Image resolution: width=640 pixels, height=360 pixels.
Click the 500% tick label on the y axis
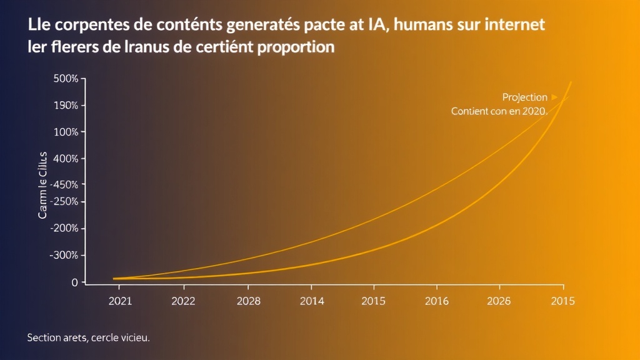click(x=66, y=79)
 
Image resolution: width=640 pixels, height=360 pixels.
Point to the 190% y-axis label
click(x=66, y=106)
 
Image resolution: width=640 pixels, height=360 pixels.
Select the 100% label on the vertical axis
click(x=66, y=132)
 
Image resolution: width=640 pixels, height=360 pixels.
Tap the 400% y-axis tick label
click(x=66, y=159)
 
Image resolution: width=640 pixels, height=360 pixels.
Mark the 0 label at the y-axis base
click(x=74, y=282)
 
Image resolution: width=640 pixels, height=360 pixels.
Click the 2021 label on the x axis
click(x=120, y=301)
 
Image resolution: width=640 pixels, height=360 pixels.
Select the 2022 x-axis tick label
click(x=183, y=301)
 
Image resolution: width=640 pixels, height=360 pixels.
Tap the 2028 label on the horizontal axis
click(x=248, y=301)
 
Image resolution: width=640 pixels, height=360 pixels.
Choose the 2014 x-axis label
click(x=312, y=301)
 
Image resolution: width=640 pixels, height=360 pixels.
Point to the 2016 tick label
click(x=437, y=301)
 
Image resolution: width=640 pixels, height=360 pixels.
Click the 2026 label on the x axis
click(x=498, y=301)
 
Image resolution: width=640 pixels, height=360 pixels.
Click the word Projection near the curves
click(x=524, y=97)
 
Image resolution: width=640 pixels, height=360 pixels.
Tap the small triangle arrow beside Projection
click(x=554, y=97)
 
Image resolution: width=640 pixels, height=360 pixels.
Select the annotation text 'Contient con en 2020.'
click(x=499, y=112)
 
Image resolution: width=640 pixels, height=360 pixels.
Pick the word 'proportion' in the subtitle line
click(x=296, y=47)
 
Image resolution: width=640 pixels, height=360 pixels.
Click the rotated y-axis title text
click(x=42, y=185)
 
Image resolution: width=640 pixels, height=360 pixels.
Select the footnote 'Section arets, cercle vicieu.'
click(x=88, y=337)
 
